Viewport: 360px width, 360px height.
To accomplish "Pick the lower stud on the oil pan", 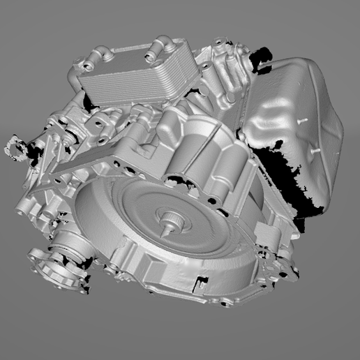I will [315, 149].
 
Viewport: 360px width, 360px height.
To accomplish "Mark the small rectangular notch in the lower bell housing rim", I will [202, 283].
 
